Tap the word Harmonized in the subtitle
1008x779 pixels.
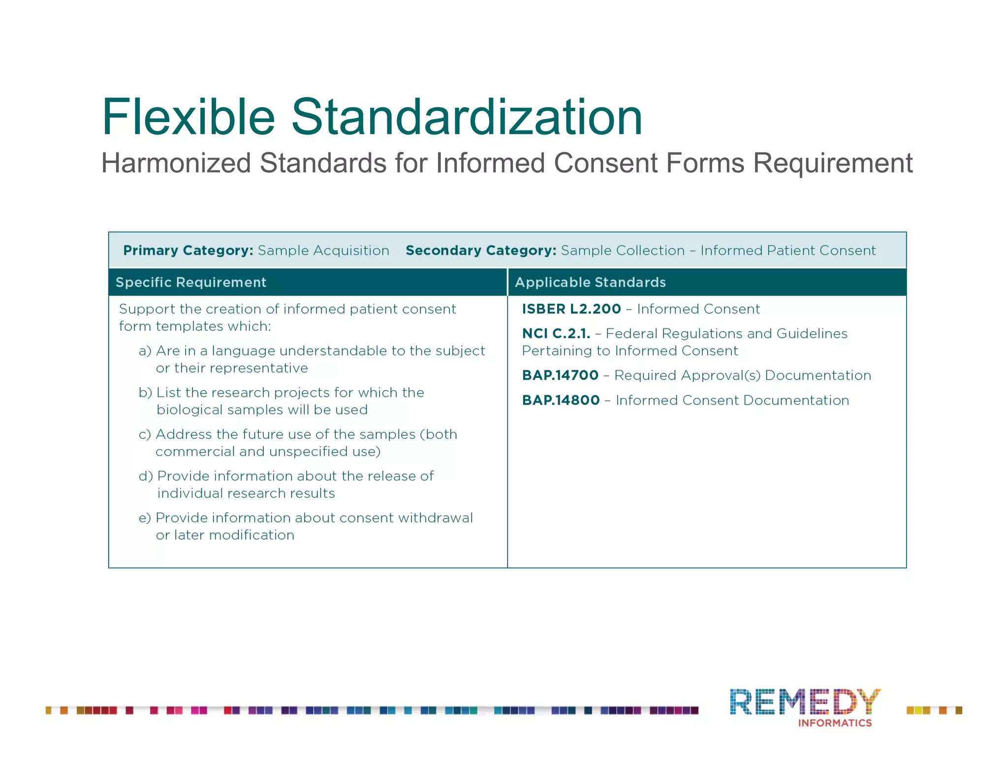[x=176, y=163]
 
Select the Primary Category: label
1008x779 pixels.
[x=188, y=250]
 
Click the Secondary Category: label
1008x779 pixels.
[x=481, y=250]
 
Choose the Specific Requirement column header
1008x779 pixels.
[x=191, y=282]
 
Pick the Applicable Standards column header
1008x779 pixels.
[x=590, y=282]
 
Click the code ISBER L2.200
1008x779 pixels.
[x=571, y=309]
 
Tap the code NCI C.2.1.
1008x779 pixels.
[x=556, y=333]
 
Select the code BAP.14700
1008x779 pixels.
[x=560, y=375]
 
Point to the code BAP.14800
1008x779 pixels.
[x=561, y=400]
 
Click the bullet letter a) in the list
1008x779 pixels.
[x=145, y=351]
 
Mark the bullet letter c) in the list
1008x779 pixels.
[x=145, y=434]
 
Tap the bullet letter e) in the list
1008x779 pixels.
[x=145, y=518]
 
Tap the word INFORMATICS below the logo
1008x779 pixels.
[x=835, y=723]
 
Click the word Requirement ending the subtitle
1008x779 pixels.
[x=833, y=163]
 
